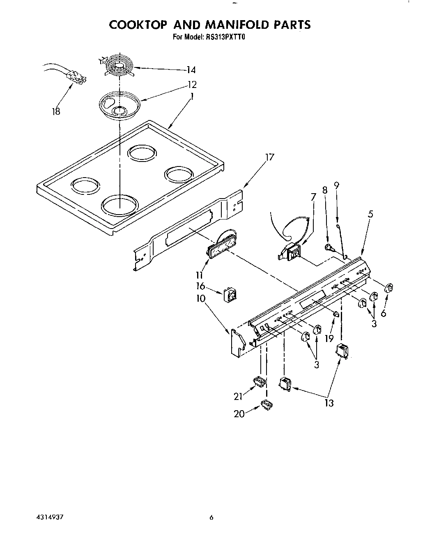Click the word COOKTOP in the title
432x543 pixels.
click(x=137, y=24)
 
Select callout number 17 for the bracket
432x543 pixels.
click(x=269, y=157)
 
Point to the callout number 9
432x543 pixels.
click(x=337, y=185)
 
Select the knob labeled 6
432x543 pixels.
click(x=389, y=289)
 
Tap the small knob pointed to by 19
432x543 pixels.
click(x=336, y=314)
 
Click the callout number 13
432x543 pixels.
click(x=329, y=403)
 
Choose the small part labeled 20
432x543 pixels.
click(x=267, y=405)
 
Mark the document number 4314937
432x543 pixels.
click(x=50, y=517)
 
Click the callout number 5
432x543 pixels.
click(x=370, y=214)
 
